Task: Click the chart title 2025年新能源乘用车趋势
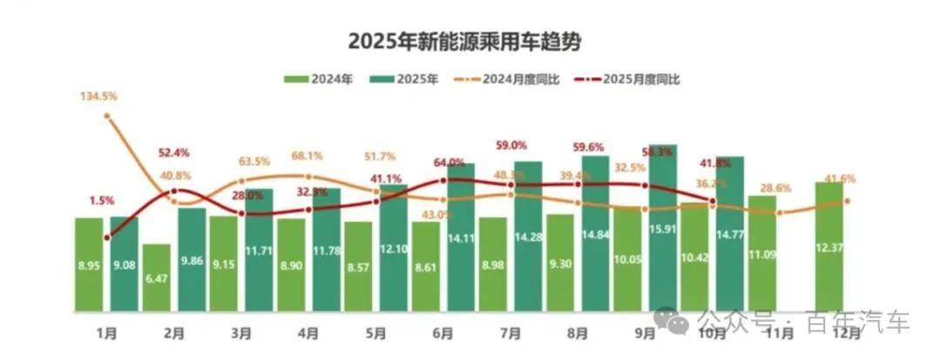coord(463,42)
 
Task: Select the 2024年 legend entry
coord(319,79)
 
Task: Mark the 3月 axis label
coord(243,333)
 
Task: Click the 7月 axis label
coord(511,333)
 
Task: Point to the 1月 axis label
coord(108,333)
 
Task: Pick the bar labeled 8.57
coord(357,267)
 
